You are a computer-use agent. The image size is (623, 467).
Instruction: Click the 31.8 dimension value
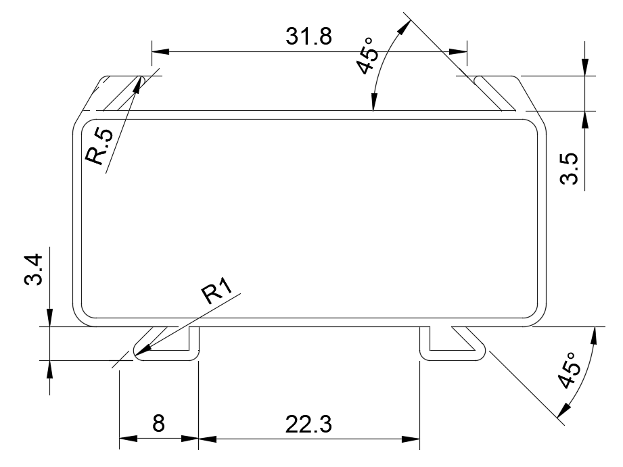pyautogui.click(x=308, y=36)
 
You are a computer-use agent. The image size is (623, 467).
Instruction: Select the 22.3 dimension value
pyautogui.click(x=308, y=424)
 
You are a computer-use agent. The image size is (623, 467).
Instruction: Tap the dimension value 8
pyautogui.click(x=158, y=423)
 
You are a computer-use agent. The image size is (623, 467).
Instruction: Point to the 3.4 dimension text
pyautogui.click(x=33, y=270)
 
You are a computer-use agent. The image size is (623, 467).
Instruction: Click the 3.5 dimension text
pyautogui.click(x=569, y=169)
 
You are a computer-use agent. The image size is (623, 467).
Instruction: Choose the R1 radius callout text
pyautogui.click(x=216, y=291)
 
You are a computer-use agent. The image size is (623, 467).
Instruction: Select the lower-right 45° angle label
pyautogui.click(x=570, y=370)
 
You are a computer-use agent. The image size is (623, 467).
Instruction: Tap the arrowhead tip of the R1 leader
pyautogui.click(x=136, y=354)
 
